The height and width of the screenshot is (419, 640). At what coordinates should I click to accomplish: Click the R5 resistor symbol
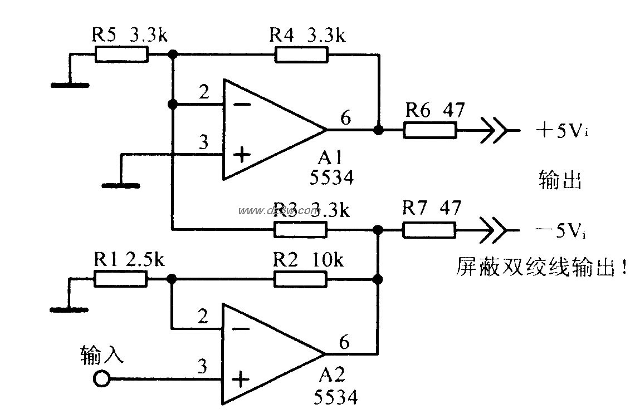121,55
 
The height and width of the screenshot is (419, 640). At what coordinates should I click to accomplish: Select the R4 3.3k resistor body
301,55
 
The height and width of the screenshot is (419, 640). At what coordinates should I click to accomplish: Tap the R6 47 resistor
430,130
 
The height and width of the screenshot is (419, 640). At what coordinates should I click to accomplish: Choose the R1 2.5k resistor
121,279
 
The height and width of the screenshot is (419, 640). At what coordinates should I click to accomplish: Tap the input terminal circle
101,379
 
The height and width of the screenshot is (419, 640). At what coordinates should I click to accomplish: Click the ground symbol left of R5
70,85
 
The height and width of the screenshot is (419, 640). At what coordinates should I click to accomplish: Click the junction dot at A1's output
379,130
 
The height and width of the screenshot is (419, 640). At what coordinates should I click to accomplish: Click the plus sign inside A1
241,154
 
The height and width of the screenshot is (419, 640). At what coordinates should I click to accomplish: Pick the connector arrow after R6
494,130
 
